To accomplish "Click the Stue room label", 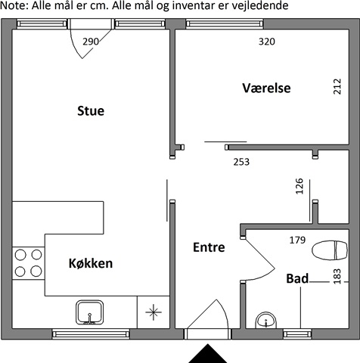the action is click(x=91, y=111).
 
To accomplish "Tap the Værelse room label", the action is click(x=266, y=88).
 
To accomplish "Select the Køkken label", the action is click(x=91, y=263).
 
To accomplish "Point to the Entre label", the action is click(x=209, y=247).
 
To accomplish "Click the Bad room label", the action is click(x=297, y=278).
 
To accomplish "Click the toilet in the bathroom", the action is click(x=330, y=250).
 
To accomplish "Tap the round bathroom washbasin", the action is click(x=266, y=321).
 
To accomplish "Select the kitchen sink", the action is click(x=90, y=312).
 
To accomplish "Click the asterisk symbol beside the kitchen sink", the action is click(x=154, y=312).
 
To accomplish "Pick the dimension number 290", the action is click(x=91, y=42).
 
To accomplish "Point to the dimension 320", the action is click(x=267, y=42).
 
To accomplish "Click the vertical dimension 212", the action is click(x=337, y=87).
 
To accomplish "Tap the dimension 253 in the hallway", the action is click(x=241, y=162).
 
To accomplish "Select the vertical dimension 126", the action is click(x=299, y=186).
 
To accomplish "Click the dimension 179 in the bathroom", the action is click(x=297, y=240).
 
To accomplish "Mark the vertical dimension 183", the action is click(x=337, y=277).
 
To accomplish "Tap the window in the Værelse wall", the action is click(x=225, y=24).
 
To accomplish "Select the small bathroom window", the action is click(x=297, y=334).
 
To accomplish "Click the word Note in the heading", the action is click(x=13, y=5).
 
